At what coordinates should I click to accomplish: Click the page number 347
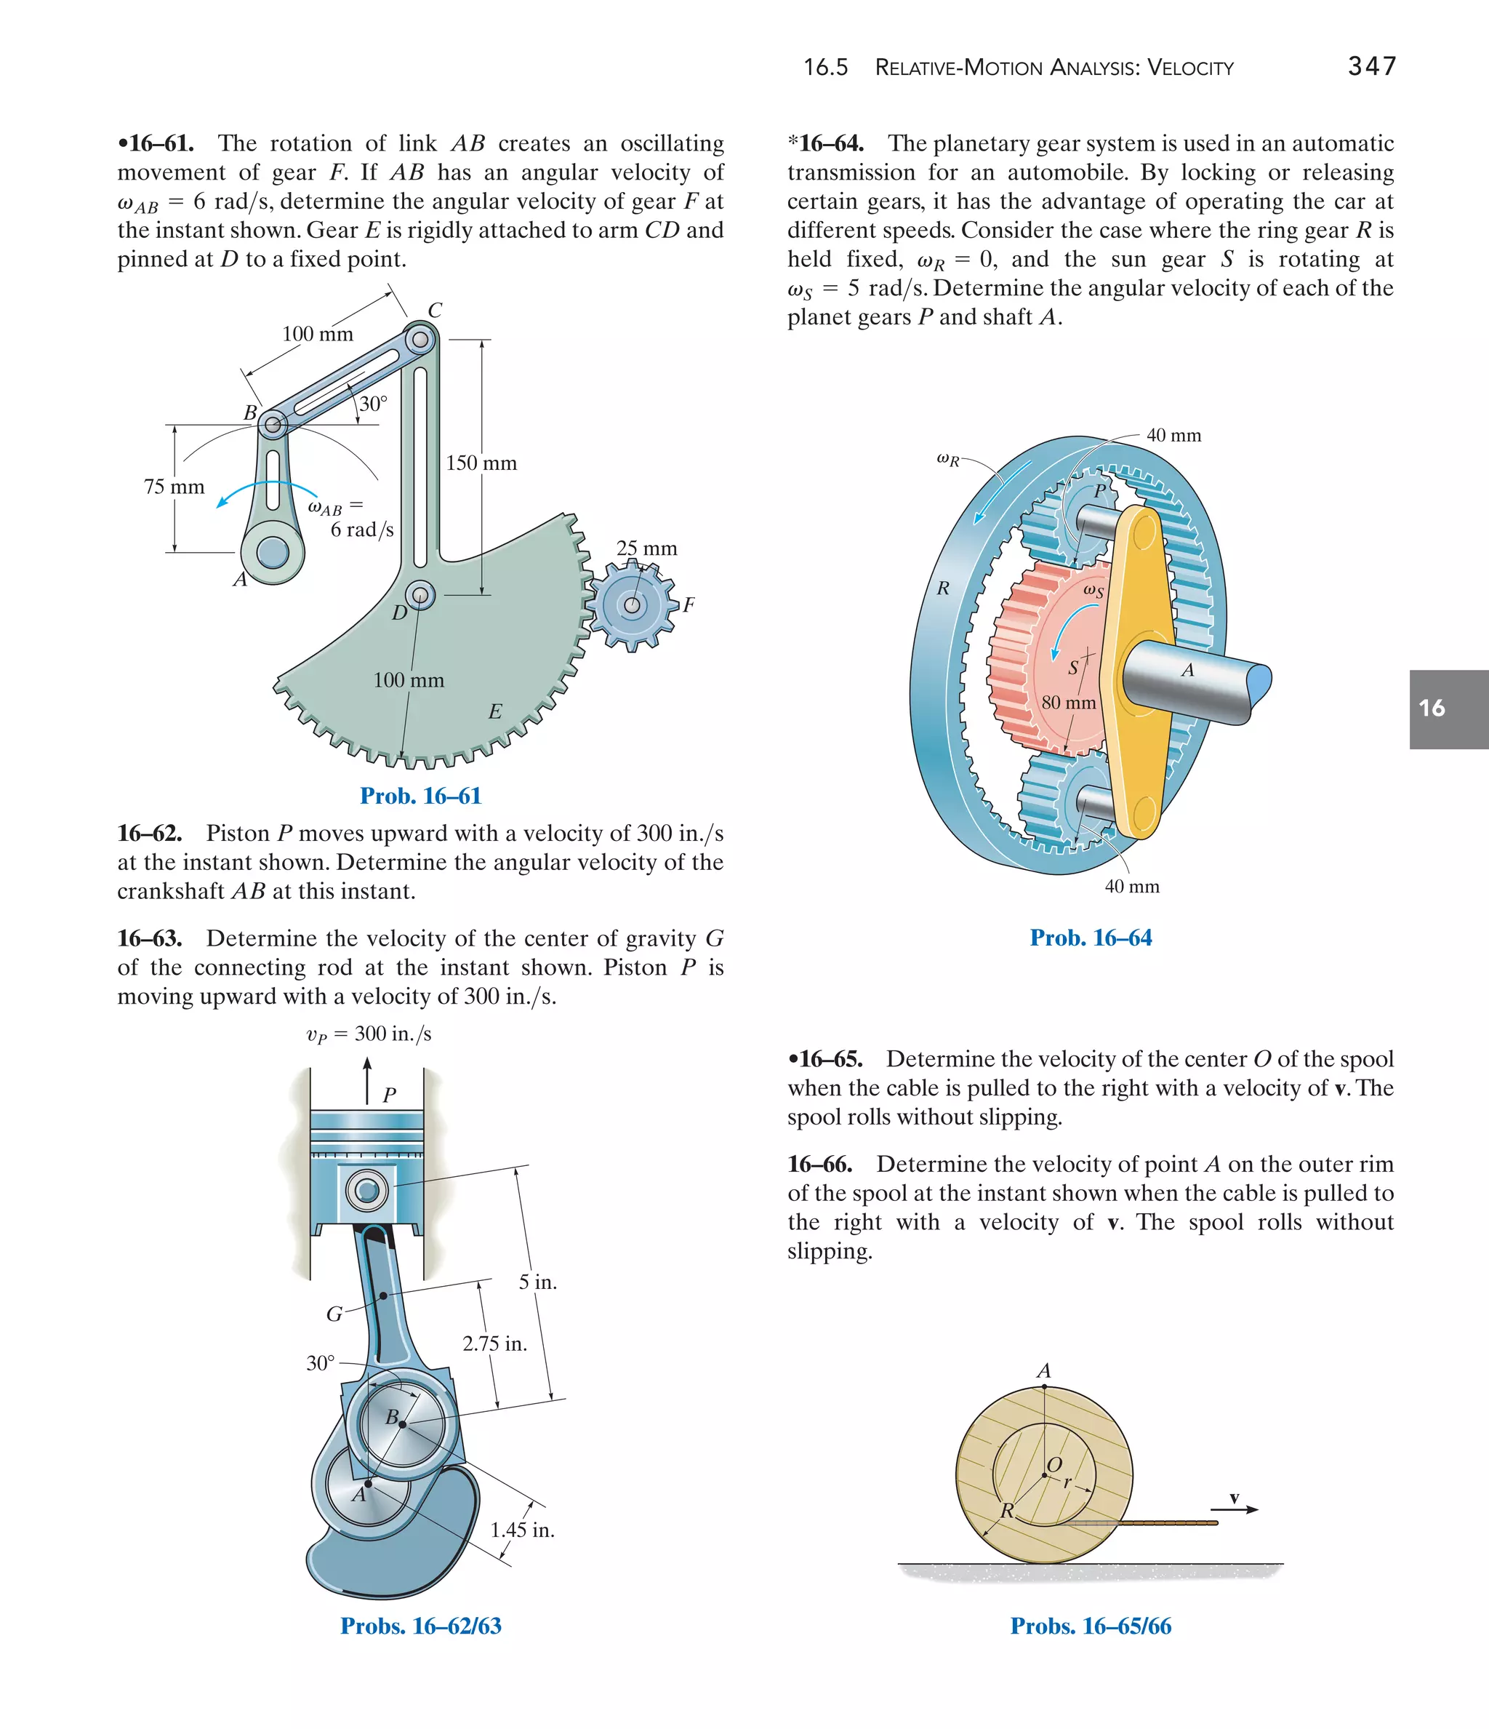(x=1371, y=66)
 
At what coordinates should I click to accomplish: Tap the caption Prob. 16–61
(x=420, y=796)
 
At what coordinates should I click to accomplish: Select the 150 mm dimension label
(x=481, y=463)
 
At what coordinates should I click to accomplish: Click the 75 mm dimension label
(x=174, y=487)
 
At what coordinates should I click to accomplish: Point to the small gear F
(x=633, y=605)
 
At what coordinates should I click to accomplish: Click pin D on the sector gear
(x=420, y=596)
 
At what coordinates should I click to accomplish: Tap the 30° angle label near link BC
(x=373, y=404)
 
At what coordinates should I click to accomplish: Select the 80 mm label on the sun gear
(x=1068, y=703)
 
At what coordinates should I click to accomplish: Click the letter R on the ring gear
(x=942, y=588)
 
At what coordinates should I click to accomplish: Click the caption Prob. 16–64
(x=1091, y=938)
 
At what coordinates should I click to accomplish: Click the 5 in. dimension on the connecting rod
(x=537, y=1282)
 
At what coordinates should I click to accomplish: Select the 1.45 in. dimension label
(x=522, y=1530)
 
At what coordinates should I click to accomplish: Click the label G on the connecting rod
(x=334, y=1314)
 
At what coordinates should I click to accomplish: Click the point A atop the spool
(x=1043, y=1386)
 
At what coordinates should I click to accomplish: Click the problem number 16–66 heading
(x=820, y=1164)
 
